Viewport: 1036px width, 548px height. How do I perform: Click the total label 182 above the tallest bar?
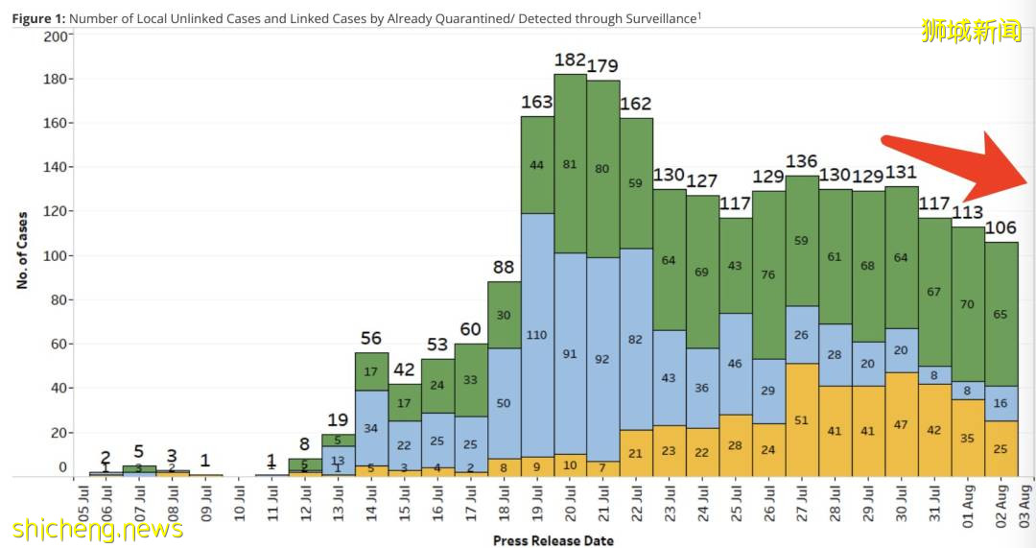coord(570,60)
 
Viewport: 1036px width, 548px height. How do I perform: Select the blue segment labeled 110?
coord(537,335)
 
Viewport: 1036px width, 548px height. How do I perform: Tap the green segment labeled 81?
coord(570,164)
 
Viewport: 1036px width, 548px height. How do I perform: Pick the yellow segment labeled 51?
coord(802,419)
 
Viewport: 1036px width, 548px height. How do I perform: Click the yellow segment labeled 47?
coord(901,423)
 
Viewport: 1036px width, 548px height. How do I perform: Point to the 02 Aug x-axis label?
coord(1001,507)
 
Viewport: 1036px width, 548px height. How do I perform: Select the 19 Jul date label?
coord(537,507)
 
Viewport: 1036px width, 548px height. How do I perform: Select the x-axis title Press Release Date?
coord(553,540)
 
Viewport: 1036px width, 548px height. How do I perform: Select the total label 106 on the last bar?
coord(1001,227)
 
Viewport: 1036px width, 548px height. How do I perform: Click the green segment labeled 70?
coord(967,304)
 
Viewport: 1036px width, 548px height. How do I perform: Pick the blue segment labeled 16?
coord(1001,403)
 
